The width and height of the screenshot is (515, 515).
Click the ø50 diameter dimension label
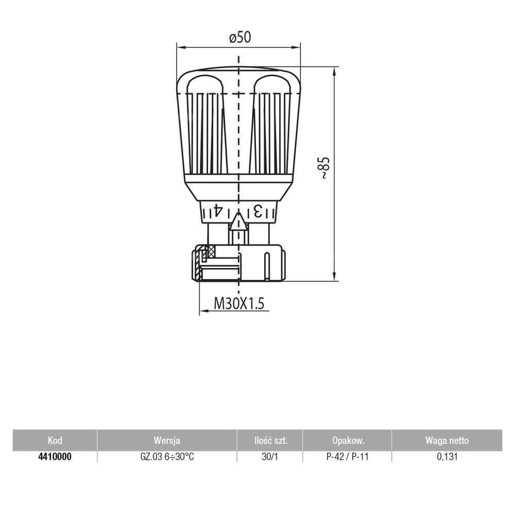pos(240,38)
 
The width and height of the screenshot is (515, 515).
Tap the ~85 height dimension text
pos(324,168)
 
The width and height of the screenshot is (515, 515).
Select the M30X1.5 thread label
pos(239,303)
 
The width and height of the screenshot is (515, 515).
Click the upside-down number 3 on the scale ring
pos(258,211)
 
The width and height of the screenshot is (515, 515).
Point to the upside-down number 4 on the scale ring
pos(218,211)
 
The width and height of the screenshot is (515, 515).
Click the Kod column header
pos(55,440)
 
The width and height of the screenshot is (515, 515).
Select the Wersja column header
pos(167,440)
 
